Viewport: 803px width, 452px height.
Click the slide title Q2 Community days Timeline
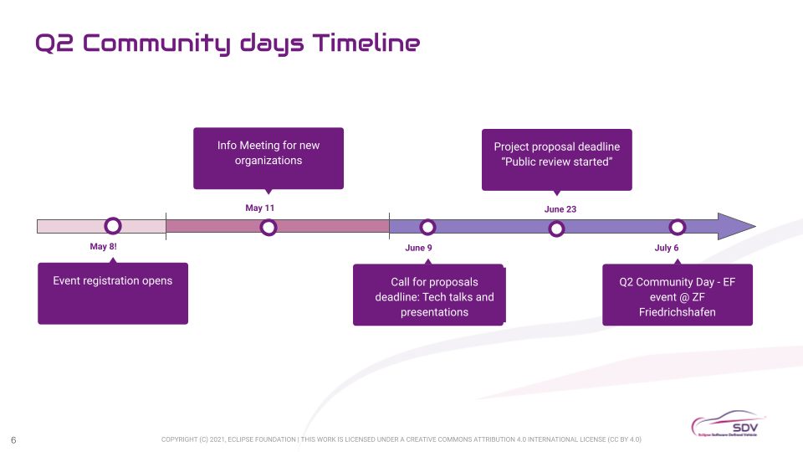pos(227,43)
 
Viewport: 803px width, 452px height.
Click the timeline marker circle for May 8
pos(113,226)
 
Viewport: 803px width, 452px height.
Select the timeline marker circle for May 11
pos(269,227)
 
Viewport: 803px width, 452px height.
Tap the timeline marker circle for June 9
pos(427,227)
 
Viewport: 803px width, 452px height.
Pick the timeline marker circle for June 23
pos(556,228)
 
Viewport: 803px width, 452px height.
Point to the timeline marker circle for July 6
pos(678,227)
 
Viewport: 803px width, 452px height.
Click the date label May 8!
pos(104,247)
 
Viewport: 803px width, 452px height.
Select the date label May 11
pos(260,208)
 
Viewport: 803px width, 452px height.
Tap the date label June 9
pos(418,248)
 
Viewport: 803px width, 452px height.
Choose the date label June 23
pos(560,209)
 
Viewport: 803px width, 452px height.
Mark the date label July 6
pos(667,248)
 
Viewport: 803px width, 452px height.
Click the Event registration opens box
pos(113,293)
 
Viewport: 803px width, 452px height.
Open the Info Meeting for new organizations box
pos(269,157)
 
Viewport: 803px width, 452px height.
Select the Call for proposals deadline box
pos(429,295)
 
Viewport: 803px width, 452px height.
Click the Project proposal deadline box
pos(557,159)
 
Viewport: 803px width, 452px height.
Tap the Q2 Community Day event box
pos(678,295)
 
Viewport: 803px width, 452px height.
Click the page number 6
pos(13,439)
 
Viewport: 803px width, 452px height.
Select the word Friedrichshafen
pos(678,312)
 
